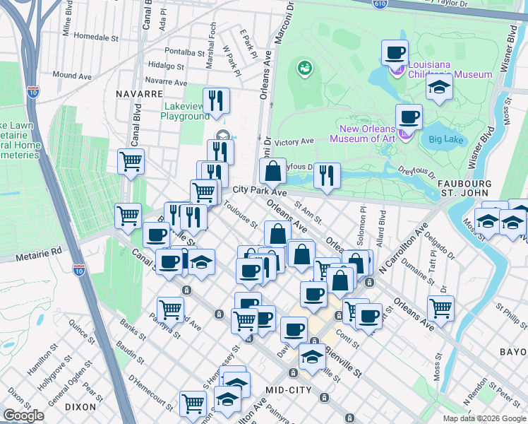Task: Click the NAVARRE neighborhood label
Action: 140,93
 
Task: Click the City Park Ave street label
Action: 260,192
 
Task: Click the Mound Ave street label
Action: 72,75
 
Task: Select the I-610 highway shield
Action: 380,4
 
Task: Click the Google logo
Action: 23,416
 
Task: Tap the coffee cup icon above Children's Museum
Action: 395,52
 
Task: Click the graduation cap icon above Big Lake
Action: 439,88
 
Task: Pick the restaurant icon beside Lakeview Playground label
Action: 216,100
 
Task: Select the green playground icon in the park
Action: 306,69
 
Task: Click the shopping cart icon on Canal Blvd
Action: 131,161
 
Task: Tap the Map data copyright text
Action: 484,418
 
